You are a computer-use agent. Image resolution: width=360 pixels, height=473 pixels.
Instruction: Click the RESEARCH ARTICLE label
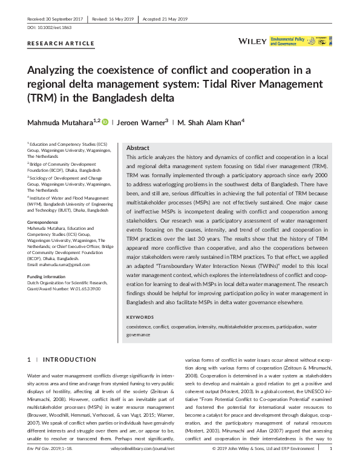(x=61, y=44)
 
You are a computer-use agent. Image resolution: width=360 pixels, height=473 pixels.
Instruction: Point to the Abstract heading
(x=137, y=148)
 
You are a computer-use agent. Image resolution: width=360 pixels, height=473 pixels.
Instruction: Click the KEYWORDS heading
(x=140, y=317)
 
